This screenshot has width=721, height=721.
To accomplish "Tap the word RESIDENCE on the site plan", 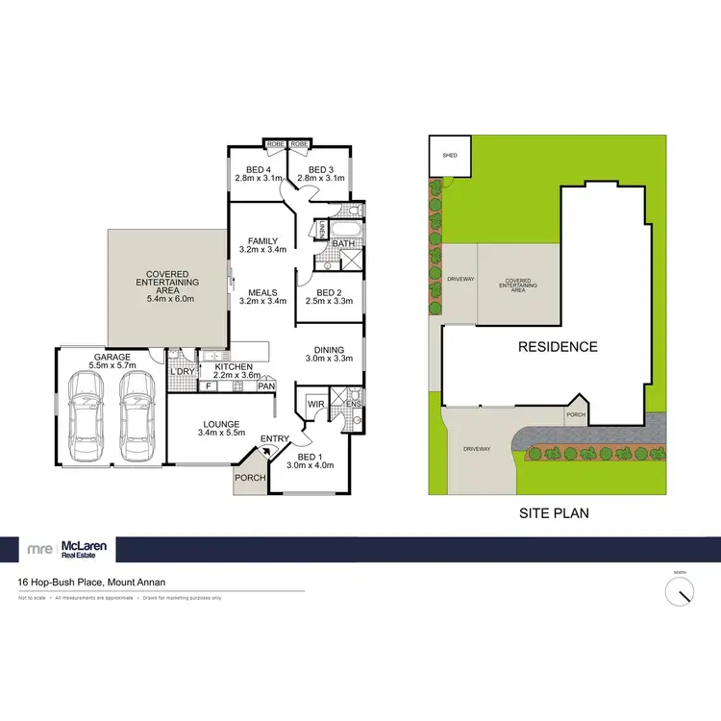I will (559, 347).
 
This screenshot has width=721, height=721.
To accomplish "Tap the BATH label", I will (343, 244).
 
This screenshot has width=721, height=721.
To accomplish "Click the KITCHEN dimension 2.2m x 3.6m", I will (235, 376).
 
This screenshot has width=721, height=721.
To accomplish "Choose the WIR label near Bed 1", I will (312, 405).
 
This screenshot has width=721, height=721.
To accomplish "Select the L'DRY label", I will (182, 371).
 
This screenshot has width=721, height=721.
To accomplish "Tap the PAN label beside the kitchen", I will (266, 386).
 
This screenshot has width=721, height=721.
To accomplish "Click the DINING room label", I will (329, 352).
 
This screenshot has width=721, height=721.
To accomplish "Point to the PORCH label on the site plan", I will (575, 415).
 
